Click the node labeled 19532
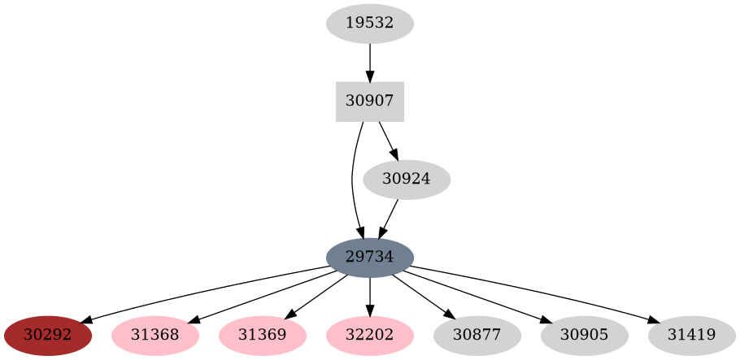pos(370,24)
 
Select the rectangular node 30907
pos(370,102)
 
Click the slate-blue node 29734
pos(370,258)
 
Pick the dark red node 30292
pos(48,336)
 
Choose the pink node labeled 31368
pos(155,336)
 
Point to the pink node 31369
pos(263,336)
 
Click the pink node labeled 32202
pos(370,336)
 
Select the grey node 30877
pos(477,336)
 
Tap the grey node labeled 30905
pos(585,336)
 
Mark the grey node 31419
pos(692,336)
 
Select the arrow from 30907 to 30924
pos(388,141)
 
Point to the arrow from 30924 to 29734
pos(388,219)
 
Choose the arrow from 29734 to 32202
pos(370,297)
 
